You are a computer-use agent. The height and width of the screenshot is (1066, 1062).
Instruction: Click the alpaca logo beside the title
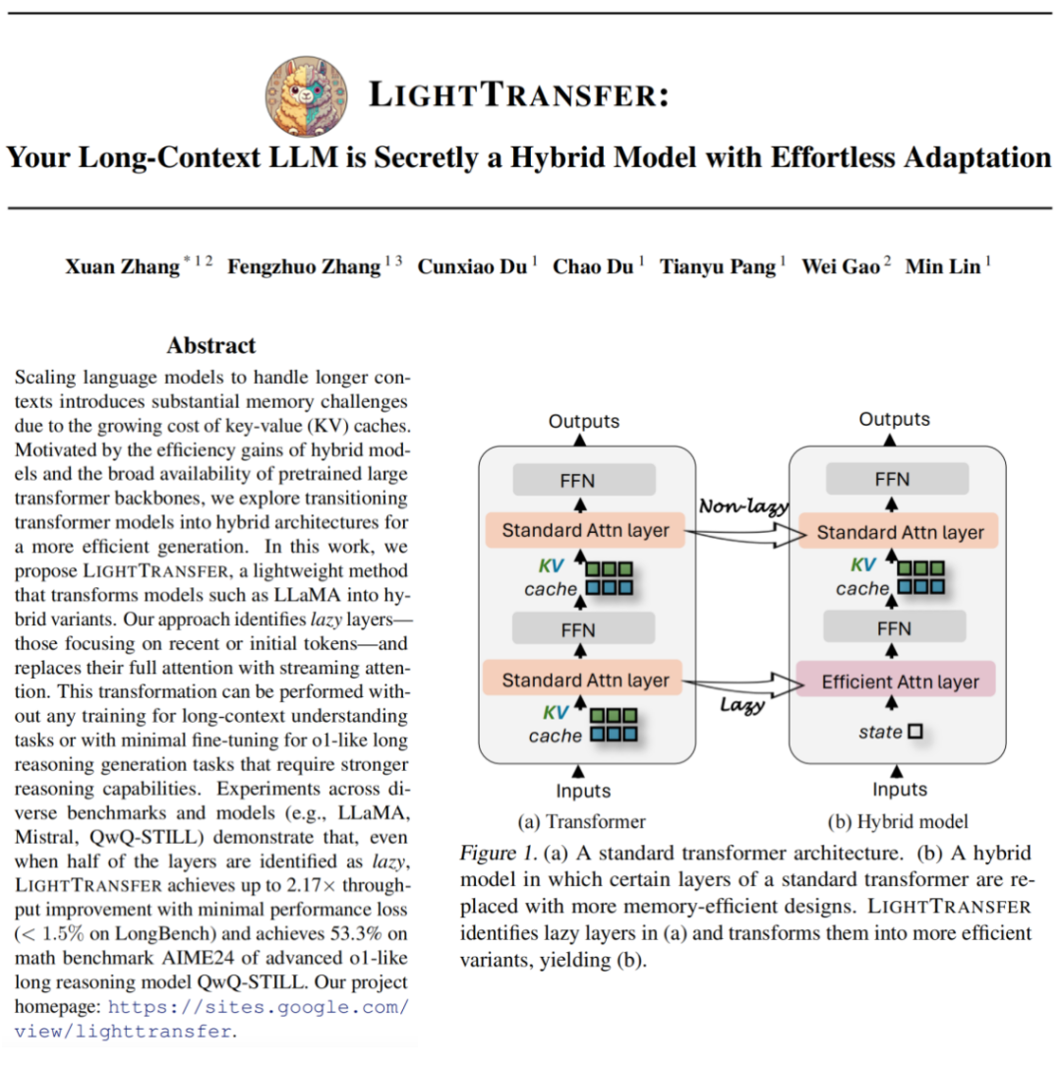307,95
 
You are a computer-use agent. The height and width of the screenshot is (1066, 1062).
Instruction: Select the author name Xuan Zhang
122,266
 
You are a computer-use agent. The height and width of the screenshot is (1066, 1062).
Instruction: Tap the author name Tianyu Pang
718,266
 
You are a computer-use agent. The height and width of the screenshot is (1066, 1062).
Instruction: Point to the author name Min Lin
941,266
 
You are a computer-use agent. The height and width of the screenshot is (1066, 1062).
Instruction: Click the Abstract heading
210,345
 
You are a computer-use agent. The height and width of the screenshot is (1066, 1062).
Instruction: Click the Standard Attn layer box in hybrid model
899,532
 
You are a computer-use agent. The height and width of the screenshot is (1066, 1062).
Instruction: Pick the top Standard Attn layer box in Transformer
585,531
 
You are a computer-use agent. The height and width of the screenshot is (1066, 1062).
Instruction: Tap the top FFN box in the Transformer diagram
584,481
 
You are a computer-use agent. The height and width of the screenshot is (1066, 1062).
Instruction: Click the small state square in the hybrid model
915,732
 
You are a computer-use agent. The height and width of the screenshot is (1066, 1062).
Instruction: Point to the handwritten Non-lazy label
743,506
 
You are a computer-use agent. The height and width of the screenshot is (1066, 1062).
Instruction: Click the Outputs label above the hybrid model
894,420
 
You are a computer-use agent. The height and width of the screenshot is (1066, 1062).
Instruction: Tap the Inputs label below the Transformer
583,791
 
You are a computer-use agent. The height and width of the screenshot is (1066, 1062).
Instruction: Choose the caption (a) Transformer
582,822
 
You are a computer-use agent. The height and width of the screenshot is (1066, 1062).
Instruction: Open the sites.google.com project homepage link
258,1008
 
